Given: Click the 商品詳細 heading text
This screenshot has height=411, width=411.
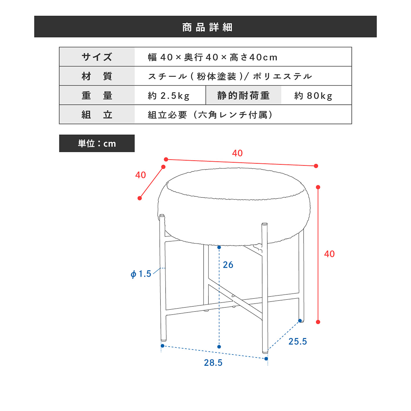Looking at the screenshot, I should [207, 27].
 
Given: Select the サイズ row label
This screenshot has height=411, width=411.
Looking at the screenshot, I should [97, 57].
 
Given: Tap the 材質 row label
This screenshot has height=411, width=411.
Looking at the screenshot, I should [97, 76].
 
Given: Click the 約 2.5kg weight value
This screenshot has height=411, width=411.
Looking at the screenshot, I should [169, 96].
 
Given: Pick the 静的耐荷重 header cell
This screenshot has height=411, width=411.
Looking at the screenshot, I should [243, 96].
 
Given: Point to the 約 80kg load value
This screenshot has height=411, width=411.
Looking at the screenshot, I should [313, 96].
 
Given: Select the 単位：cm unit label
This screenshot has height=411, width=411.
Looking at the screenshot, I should [97, 143].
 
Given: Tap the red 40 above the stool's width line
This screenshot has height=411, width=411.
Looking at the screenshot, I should [237, 153].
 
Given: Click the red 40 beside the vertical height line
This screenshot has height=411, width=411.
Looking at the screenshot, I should [329, 254].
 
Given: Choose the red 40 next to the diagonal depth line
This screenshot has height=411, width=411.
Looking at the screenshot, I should [140, 175].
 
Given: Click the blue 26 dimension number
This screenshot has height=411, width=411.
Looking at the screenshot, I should [228, 265].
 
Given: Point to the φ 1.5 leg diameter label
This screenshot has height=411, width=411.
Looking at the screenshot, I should [141, 274].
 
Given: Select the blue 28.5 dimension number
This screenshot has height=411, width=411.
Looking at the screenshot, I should [213, 363].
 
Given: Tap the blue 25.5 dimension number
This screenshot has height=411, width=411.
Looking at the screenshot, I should [298, 341].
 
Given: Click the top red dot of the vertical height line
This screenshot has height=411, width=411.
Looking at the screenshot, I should [318, 187].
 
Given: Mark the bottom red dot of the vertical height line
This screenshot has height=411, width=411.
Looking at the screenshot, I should [318, 322].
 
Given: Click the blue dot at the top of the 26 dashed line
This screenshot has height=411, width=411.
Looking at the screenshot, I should [219, 247].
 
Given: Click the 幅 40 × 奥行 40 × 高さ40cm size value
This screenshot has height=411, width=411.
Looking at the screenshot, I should [212, 57].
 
